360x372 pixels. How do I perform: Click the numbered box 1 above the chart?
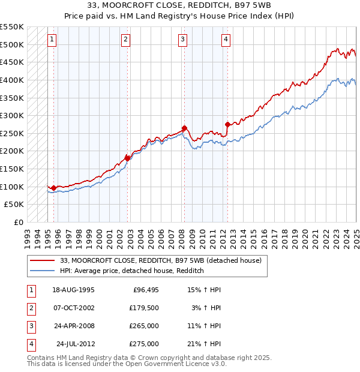(52, 40)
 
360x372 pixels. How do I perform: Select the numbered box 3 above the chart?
(182, 40)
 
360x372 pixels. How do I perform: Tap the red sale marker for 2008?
(185, 128)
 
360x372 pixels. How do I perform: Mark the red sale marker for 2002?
(128, 158)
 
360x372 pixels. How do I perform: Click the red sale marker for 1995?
(54, 188)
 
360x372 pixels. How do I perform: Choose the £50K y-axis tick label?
(14, 205)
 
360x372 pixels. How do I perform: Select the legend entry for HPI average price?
(132, 271)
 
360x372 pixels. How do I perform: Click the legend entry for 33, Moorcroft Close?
(160, 261)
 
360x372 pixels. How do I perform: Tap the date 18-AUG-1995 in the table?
(73, 290)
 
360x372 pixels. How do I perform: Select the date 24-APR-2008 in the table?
(73, 326)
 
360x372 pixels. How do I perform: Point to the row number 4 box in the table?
(31, 344)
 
